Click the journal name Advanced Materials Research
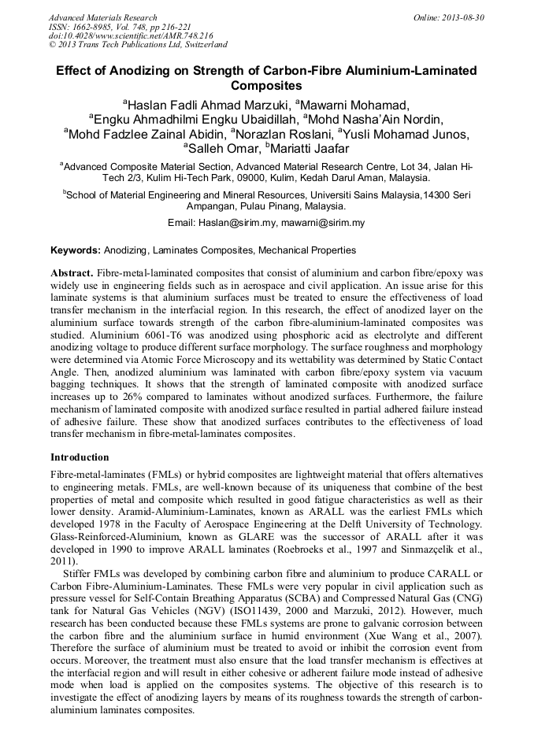point(103,17)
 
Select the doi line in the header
point(131,36)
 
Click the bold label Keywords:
point(76,250)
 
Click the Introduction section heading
point(80,457)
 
